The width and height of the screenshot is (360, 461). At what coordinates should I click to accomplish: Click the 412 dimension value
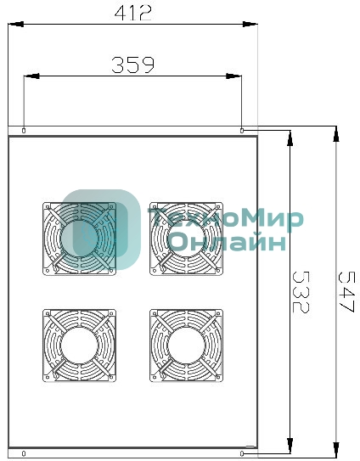coord(133,14)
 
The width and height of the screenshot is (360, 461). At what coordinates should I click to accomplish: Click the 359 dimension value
coord(133,65)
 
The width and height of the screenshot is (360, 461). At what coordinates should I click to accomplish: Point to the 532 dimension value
coord(301,292)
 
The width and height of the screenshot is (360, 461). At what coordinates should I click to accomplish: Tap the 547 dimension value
coord(346,292)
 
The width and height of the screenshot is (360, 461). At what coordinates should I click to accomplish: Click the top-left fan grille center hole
coord(79,239)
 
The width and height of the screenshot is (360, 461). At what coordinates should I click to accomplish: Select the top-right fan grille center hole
coord(186,239)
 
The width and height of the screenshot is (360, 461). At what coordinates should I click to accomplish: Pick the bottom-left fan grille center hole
coord(79,346)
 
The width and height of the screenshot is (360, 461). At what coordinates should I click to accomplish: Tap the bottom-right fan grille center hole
coord(186,346)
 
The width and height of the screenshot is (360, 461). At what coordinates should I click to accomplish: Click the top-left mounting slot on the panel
coord(24,130)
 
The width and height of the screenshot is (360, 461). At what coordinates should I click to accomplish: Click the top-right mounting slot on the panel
coord(242,130)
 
